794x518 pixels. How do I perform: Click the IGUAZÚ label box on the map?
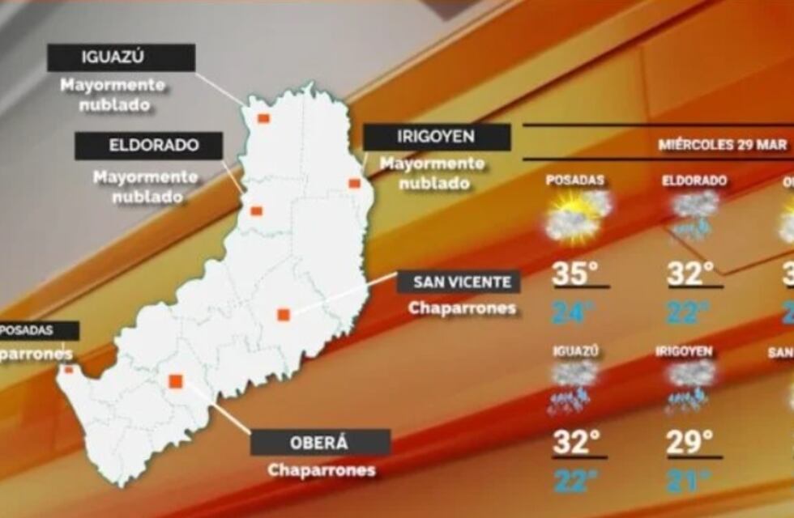click(121, 57)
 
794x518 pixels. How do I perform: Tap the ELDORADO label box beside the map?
click(148, 146)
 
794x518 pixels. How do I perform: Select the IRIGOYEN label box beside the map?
click(437, 137)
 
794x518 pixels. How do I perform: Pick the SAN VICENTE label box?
click(458, 282)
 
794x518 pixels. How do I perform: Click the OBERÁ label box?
click(320, 443)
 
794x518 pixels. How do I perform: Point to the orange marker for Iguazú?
click(263, 118)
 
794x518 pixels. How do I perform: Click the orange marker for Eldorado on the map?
click(257, 211)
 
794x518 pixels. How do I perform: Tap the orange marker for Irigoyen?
click(354, 184)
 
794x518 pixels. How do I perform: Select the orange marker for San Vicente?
click(284, 315)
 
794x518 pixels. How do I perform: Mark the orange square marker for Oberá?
click(176, 381)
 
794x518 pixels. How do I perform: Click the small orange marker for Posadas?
click(69, 370)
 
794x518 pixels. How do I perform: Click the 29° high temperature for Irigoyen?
click(689, 442)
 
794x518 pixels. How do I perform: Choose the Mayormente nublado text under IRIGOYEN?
click(432, 173)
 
